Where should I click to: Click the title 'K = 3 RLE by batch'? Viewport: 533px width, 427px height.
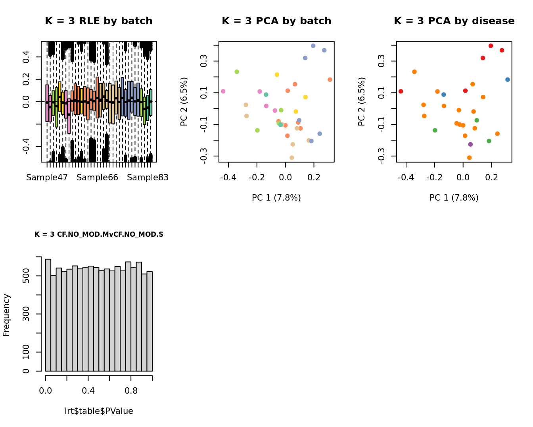[99, 21]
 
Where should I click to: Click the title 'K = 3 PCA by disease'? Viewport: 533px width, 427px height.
[454, 21]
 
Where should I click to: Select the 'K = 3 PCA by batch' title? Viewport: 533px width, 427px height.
[276, 21]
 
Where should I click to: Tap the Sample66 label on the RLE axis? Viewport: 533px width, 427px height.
[97, 178]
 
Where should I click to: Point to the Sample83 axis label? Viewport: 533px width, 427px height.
[148, 178]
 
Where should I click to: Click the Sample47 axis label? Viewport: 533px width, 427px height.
[47, 178]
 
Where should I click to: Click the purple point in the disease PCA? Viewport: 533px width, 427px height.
[470, 145]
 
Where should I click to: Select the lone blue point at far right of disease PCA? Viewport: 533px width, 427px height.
[508, 79]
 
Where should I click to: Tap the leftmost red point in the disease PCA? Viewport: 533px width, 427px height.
[401, 91]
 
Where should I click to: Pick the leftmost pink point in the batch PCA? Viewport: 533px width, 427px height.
[223, 91]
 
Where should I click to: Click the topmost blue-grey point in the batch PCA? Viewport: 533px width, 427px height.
[313, 46]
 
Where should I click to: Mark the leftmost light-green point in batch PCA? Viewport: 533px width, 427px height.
[237, 72]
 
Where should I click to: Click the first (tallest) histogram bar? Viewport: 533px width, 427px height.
[48, 315]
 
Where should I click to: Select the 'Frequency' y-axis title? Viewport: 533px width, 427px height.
[6, 315]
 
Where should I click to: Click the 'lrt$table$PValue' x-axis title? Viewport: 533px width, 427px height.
[99, 411]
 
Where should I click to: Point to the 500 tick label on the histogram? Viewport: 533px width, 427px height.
[26, 276]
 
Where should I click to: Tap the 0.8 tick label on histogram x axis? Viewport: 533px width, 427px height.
[131, 391]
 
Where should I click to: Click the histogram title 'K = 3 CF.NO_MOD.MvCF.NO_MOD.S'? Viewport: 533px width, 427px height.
[99, 234]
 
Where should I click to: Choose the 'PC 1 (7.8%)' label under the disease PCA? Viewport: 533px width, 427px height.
[454, 198]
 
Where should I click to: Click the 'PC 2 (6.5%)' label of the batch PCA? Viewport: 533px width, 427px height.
[184, 102]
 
